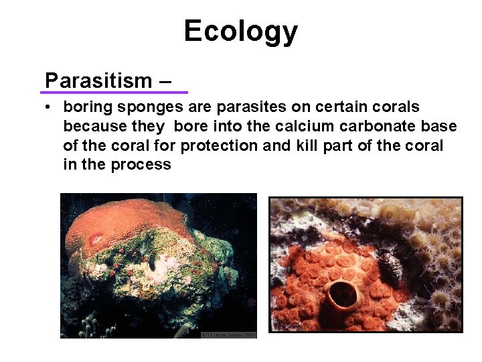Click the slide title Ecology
(240, 32)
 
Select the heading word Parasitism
(98, 81)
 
